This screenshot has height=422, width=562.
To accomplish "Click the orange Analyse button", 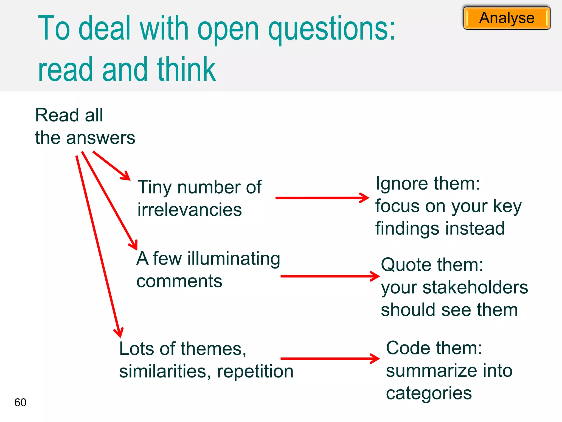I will (507, 18).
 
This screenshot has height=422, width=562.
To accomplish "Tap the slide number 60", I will (20, 402).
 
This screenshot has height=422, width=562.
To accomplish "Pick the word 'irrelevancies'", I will (190, 210).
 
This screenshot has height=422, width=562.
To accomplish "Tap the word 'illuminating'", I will (234, 259).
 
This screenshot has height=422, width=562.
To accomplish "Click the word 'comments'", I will (179, 281).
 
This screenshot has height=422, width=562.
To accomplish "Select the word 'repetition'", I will (255, 371).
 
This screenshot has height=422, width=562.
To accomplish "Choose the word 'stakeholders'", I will (475, 287).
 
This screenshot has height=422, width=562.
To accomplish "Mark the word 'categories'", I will (429, 393).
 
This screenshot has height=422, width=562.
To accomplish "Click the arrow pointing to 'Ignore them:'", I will (322, 198).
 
